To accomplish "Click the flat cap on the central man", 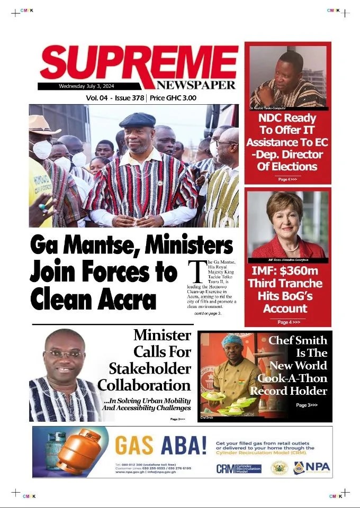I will [x=137, y=120].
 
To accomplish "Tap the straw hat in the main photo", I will [x=43, y=125].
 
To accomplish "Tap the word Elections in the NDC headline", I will [x=288, y=167].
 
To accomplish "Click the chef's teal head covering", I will [x=232, y=340].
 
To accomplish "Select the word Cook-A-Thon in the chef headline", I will [x=292, y=378].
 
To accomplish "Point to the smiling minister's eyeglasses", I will [x=65, y=354].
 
